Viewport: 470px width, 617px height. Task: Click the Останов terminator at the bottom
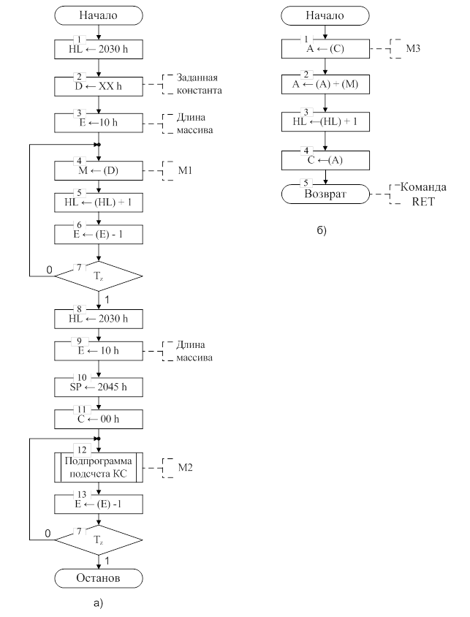[98, 578]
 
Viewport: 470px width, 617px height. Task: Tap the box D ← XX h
[98, 86]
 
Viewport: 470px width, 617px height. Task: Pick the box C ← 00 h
[98, 420]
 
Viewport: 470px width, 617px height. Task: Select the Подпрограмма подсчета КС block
[98, 467]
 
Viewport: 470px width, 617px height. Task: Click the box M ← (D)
[98, 170]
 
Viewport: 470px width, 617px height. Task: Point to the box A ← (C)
[326, 50]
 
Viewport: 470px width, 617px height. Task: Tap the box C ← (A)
[326, 160]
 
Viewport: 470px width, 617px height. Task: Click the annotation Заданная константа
[198, 84]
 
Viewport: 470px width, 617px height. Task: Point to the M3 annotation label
[403, 50]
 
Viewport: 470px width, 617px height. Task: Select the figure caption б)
[322, 231]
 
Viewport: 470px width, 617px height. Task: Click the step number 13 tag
[79, 495]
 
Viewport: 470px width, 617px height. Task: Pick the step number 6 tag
[79, 224]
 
